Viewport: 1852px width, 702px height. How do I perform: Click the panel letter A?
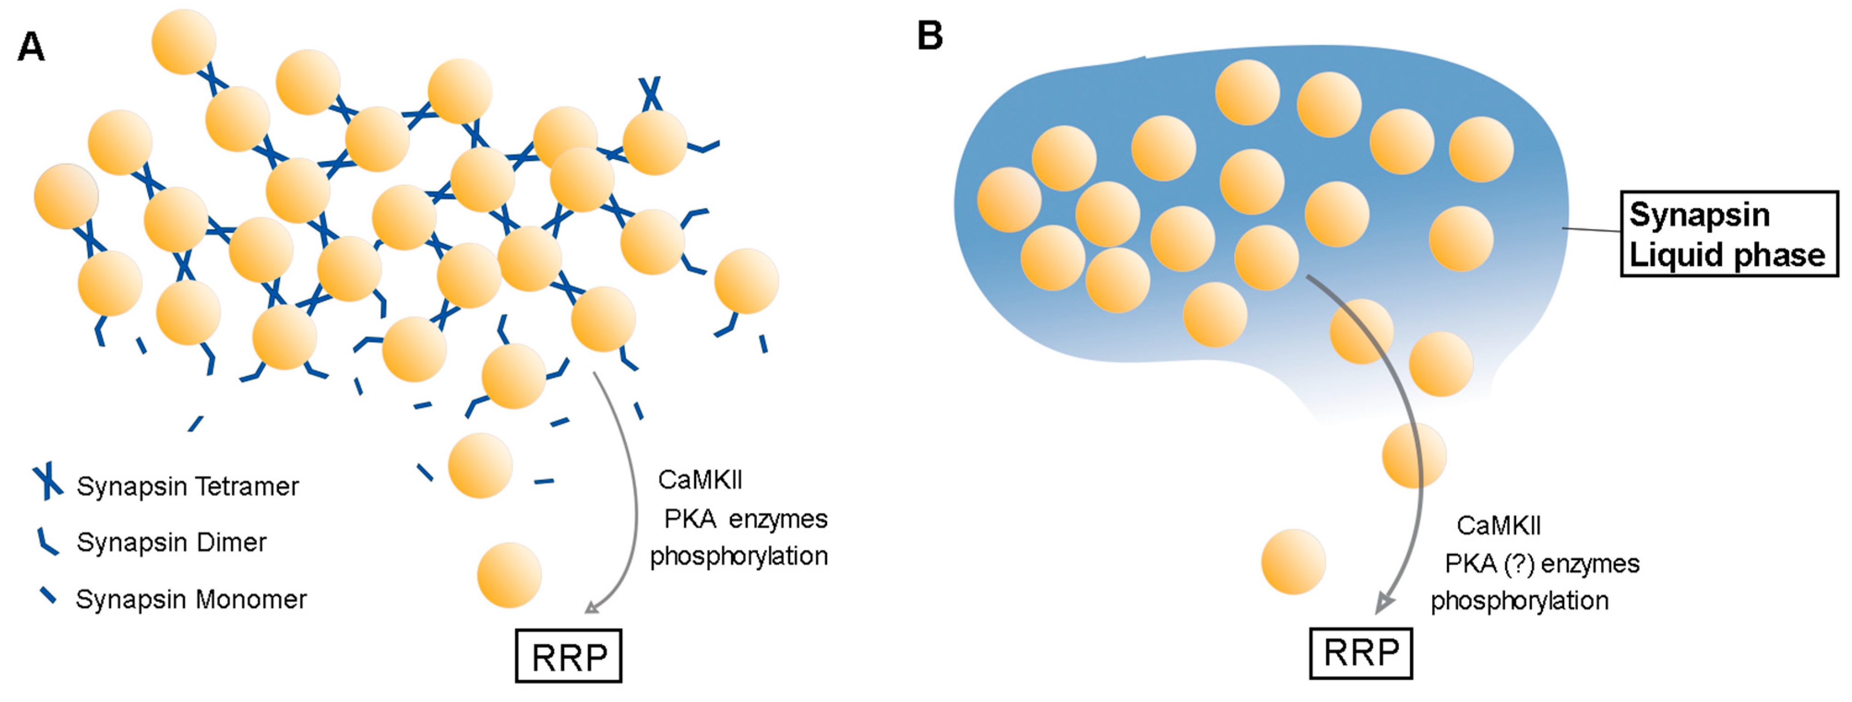[31, 47]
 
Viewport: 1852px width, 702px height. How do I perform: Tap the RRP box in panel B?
[1361, 653]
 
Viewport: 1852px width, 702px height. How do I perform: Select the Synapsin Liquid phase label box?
[1728, 234]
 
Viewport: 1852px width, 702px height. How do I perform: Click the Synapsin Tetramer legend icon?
[48, 482]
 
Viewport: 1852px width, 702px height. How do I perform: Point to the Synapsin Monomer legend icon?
[48, 596]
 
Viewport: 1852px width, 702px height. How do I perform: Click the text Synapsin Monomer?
[191, 599]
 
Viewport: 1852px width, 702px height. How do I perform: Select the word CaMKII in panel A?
[700, 480]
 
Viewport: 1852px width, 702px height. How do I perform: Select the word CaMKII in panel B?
[1498, 526]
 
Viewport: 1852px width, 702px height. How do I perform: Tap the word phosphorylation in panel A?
[738, 556]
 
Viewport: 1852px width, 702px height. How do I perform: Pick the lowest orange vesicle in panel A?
[509, 575]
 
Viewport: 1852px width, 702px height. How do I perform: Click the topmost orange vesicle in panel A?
[184, 41]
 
